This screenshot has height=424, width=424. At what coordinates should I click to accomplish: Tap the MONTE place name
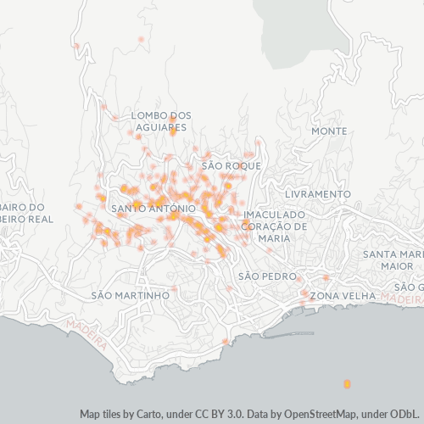tap(329, 131)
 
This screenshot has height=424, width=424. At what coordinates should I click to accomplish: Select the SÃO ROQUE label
tap(231, 166)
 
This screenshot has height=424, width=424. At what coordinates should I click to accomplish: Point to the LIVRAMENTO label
tap(318, 194)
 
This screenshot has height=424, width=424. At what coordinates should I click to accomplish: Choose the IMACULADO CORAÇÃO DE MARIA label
tap(274, 226)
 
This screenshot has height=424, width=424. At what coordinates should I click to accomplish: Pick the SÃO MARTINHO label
tap(130, 295)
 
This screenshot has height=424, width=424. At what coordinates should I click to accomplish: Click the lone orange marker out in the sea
tap(347, 384)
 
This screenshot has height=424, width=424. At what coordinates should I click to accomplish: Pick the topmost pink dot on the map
tap(140, 39)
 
